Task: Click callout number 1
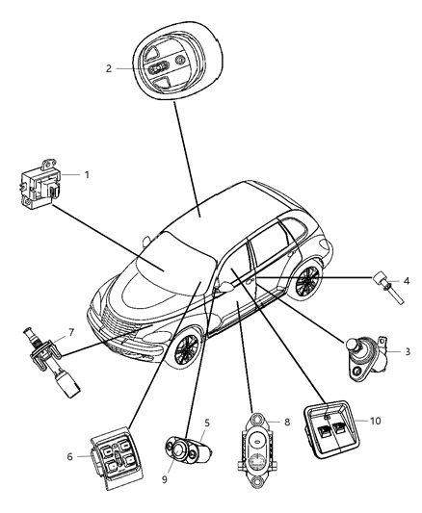point(87,175)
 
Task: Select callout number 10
point(376,422)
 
